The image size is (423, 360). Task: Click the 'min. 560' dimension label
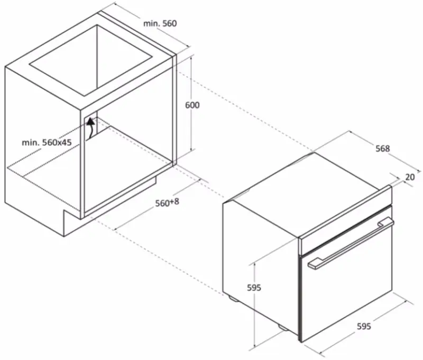click(160, 23)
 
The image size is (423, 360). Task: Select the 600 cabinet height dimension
click(192, 105)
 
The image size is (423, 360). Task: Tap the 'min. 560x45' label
click(47, 142)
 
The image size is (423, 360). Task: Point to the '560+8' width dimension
click(167, 202)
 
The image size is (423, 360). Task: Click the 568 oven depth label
click(383, 149)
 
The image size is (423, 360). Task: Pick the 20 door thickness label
click(410, 177)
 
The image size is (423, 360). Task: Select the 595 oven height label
click(254, 288)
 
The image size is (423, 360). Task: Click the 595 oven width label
click(364, 326)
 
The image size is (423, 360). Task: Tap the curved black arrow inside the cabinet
click(91, 128)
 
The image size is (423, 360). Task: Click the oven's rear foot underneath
click(233, 298)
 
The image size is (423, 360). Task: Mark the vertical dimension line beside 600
click(191, 103)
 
